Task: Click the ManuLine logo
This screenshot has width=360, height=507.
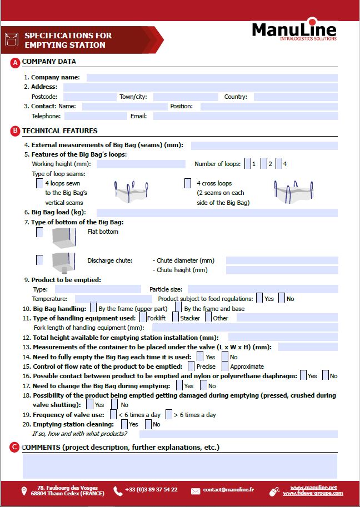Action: click(x=294, y=31)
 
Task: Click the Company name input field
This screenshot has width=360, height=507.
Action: click(x=212, y=78)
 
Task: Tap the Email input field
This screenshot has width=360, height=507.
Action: click(x=245, y=116)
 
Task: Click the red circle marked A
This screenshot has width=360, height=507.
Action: click(x=15, y=62)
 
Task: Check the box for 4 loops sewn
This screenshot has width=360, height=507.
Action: click(x=39, y=183)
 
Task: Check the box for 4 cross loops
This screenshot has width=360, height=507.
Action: click(x=188, y=183)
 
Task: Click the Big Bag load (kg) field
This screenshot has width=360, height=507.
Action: click(x=217, y=213)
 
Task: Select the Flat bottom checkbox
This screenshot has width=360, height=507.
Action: click(x=39, y=232)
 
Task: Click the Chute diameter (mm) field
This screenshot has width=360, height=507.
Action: click(x=282, y=260)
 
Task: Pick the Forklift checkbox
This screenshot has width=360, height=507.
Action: click(x=143, y=318)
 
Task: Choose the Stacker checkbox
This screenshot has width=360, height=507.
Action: click(x=176, y=318)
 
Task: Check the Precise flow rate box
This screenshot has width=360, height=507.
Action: click(x=191, y=367)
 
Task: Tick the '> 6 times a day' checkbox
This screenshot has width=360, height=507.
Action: click(x=169, y=415)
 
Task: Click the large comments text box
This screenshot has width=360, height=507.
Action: click(x=179, y=466)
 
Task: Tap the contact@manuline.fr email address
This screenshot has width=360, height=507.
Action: click(x=228, y=490)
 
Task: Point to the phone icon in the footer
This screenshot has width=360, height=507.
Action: click(x=118, y=490)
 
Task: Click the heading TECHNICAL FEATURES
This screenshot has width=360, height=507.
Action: click(x=59, y=131)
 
